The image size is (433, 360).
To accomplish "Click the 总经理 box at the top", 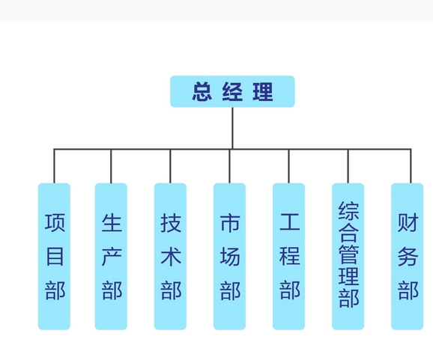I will click(x=232, y=91).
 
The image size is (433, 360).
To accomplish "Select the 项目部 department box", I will click(x=54, y=256).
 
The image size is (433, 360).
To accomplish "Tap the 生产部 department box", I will click(x=111, y=256).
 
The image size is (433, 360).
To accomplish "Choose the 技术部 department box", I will click(x=170, y=256).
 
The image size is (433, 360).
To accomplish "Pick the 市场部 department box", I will click(x=229, y=256).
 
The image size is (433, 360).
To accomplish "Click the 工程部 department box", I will click(x=288, y=256).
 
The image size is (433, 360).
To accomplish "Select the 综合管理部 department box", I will click(x=348, y=256).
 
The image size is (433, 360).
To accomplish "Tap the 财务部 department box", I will click(x=407, y=256).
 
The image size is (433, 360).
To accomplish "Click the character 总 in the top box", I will click(x=202, y=92).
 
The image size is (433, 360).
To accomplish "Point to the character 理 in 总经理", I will click(x=263, y=92).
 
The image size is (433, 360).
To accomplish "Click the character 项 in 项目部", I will click(x=55, y=223).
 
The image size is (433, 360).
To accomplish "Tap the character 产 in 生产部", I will click(x=112, y=257).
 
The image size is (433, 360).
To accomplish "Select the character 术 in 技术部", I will click(x=171, y=257).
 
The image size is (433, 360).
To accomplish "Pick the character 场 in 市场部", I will click(x=230, y=257).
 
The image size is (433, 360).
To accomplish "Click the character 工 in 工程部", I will click(x=289, y=223).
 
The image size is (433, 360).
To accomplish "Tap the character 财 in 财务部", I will click(x=408, y=223).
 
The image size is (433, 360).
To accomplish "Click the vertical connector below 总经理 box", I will click(x=232, y=127).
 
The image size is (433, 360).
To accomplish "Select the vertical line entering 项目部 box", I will click(x=54, y=166).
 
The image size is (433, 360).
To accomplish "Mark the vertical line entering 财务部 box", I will click(x=411, y=166).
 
